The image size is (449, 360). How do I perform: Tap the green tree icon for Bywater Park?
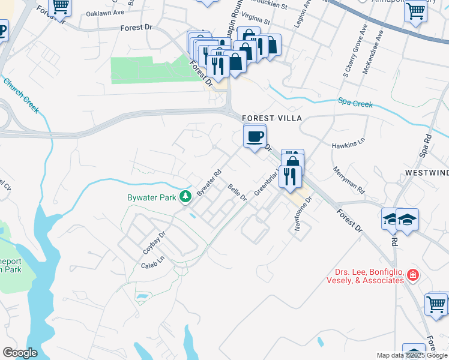(187, 196)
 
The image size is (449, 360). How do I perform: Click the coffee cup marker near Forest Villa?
(255, 137)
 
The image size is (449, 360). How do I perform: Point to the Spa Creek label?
(355, 103)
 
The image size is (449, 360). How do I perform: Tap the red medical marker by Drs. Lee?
(412, 275)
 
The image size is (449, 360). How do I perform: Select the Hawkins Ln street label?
(348, 145)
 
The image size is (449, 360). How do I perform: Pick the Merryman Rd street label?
(349, 179)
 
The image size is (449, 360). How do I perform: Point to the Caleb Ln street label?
(152, 262)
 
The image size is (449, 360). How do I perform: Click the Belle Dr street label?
(237, 193)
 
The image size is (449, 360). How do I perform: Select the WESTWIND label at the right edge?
(427, 173)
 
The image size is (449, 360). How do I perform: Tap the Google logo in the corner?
(20, 353)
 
